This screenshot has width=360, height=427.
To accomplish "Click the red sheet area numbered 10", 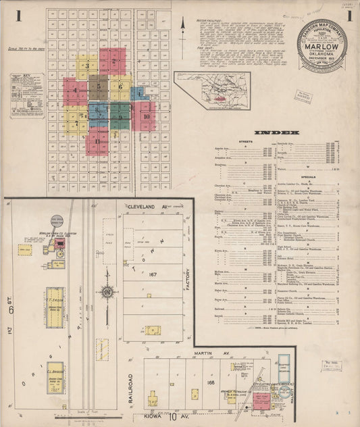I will pyautogui.click(x=145, y=116).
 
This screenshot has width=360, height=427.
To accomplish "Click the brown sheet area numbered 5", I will pyautogui.click(x=98, y=86).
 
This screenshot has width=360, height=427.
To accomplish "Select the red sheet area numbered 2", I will pyautogui.click(x=113, y=61).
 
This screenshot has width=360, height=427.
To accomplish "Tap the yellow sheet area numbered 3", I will pyautogui.click(x=87, y=67).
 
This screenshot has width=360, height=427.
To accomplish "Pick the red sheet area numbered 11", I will pyautogui.click(x=98, y=141).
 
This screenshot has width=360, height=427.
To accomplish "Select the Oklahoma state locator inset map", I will pyautogui.click(x=212, y=91).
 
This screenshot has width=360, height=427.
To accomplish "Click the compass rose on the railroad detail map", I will pyautogui.click(x=107, y=293).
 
